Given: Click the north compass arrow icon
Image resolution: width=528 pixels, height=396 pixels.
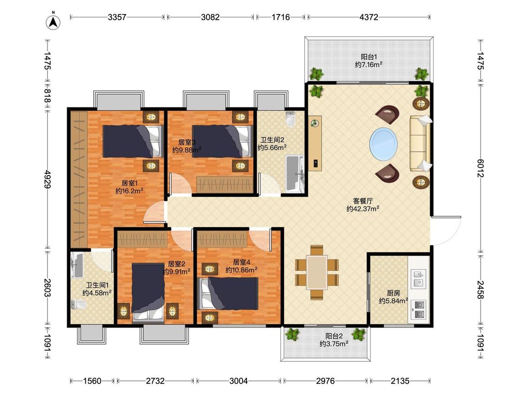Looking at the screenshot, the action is [53, 22].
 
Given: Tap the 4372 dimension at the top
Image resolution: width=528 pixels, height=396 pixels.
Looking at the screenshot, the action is [369, 17].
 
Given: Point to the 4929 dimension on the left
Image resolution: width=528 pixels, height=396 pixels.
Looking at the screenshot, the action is [47, 179].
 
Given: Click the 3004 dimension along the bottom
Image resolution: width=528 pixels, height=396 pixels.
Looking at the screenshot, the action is [238, 381].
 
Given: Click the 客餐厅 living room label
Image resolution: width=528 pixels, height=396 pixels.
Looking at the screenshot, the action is [363, 201].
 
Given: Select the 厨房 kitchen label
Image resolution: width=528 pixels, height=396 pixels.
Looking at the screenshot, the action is [393, 293].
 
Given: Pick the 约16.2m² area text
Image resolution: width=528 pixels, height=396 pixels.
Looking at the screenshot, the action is [130, 191].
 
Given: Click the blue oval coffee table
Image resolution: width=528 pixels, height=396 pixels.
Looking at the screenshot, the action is [383, 144].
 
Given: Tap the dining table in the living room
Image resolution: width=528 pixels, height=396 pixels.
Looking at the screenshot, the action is [316, 272].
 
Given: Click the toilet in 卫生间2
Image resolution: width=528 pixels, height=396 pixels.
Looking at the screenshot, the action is [290, 119].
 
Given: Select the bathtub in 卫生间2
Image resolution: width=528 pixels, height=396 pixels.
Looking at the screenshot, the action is [295, 174].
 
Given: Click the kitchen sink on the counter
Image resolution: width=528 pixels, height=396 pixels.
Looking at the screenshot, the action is [418, 278].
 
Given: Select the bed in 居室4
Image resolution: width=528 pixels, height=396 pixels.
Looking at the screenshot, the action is [229, 293].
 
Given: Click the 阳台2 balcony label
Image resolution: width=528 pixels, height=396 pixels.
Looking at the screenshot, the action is [334, 336].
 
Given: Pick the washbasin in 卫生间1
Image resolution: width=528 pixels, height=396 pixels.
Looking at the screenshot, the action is [77, 265].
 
